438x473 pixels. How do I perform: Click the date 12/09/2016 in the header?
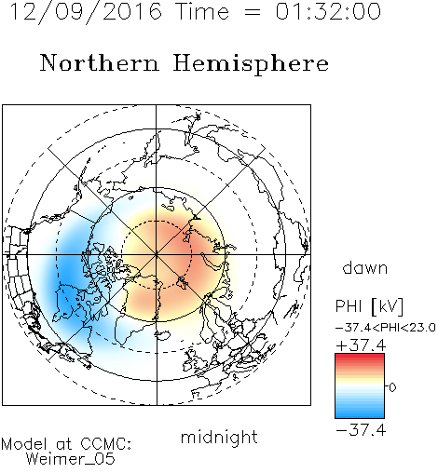click(x=86, y=12)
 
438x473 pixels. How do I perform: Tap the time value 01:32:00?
click(x=328, y=11)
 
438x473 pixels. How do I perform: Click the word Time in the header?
click(x=202, y=11)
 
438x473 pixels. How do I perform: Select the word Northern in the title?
click(x=100, y=62)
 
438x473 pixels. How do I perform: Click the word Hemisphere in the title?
click(x=251, y=63)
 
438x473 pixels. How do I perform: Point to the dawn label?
click(x=365, y=267)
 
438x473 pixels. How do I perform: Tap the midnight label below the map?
click(x=219, y=437)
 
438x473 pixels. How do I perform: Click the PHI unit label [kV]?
click(x=387, y=306)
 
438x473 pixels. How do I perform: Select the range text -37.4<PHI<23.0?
click(x=385, y=328)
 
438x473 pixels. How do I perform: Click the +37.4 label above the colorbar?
click(x=361, y=345)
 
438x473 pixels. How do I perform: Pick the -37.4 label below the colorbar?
click(x=361, y=430)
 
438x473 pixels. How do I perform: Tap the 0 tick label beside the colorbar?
click(x=392, y=387)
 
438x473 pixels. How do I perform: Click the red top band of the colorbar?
click(x=360, y=357)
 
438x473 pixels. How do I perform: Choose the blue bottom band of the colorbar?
click(x=360, y=414)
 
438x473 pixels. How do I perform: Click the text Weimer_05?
click(x=70, y=459)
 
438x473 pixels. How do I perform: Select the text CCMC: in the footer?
click(x=105, y=444)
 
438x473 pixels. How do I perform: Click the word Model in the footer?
click(x=24, y=444)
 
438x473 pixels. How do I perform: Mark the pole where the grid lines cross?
click(x=157, y=255)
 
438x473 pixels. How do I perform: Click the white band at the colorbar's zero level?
click(x=360, y=386)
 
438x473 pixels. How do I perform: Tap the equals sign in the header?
click(x=253, y=12)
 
